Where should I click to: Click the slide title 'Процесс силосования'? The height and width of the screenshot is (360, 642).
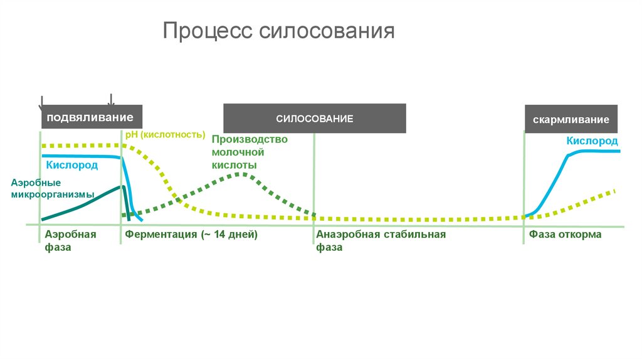click(x=279, y=31)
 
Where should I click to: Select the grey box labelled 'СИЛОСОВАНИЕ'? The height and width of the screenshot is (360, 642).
click(x=315, y=119)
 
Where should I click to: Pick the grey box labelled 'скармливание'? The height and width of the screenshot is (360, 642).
click(x=571, y=119)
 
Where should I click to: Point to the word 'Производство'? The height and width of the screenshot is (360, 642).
click(x=250, y=139)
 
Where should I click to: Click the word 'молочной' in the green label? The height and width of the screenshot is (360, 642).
click(x=237, y=152)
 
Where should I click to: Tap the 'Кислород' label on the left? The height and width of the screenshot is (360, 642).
click(x=72, y=165)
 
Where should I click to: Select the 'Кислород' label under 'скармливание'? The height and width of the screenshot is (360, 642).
click(x=592, y=141)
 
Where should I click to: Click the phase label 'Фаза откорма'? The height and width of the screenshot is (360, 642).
click(x=565, y=235)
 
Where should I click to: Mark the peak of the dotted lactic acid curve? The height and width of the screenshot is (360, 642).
click(x=239, y=174)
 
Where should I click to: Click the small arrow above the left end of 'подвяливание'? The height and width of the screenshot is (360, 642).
click(x=41, y=101)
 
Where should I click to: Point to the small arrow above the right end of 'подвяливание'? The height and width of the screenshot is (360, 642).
click(x=111, y=100)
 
